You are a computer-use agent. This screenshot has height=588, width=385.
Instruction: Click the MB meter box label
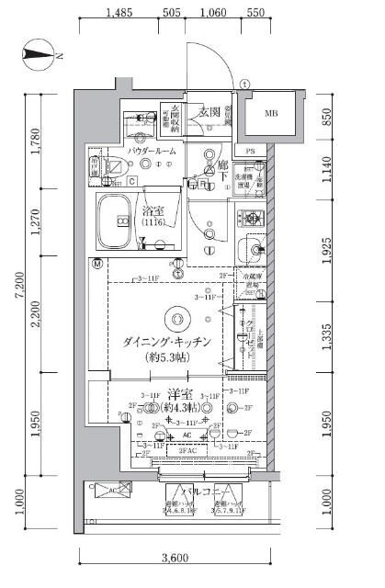[271, 114]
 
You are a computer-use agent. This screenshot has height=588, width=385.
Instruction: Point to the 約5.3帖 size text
[170, 357]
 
